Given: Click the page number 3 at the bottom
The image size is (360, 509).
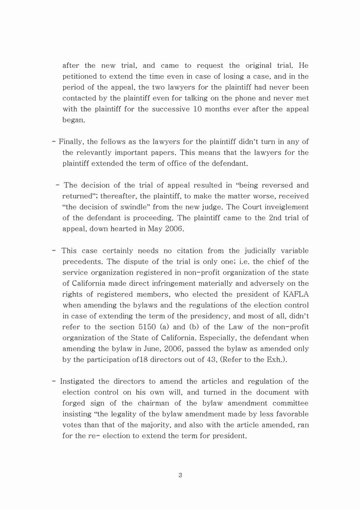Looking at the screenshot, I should click(x=180, y=475).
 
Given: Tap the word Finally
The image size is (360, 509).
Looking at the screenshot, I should click(x=71, y=141).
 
